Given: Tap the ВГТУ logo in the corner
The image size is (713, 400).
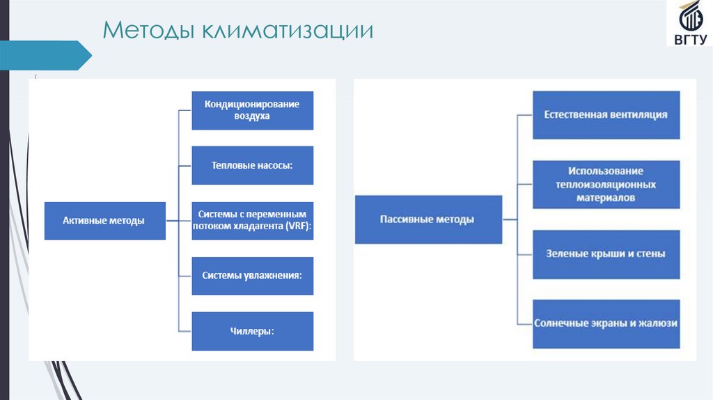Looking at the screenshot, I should click(x=689, y=24).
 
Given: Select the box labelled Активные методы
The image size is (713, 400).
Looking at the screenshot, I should click(x=104, y=221).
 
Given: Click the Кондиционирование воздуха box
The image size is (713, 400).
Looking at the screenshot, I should click(x=252, y=110).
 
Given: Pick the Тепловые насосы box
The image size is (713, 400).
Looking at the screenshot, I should click(x=252, y=165).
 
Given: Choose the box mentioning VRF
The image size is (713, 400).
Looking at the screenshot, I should click(x=252, y=221).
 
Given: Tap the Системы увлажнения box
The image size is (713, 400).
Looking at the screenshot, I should click(x=252, y=275).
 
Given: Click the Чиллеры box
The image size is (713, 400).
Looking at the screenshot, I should click(x=252, y=331).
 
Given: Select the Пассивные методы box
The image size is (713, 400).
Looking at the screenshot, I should click(x=428, y=220).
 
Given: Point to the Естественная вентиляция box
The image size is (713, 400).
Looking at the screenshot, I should click(x=606, y=114).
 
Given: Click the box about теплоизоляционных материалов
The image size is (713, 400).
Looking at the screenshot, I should click(x=606, y=185).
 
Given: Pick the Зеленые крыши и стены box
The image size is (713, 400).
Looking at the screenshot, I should click(x=606, y=254).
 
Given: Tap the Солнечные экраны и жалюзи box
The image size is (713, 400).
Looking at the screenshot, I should click(x=606, y=323).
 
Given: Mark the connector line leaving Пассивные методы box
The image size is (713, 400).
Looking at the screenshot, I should click(x=509, y=220).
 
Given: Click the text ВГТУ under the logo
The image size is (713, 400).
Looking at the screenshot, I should click(x=689, y=40).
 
